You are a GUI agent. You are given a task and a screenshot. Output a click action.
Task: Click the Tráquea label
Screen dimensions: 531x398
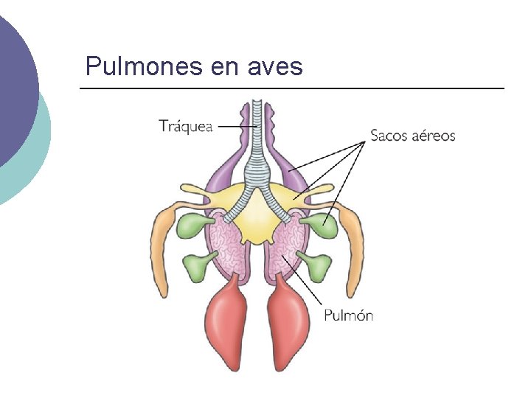(185, 125)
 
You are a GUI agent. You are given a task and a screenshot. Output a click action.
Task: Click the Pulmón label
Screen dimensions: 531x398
(349, 315)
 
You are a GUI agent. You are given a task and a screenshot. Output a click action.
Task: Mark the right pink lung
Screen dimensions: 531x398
(288, 247)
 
